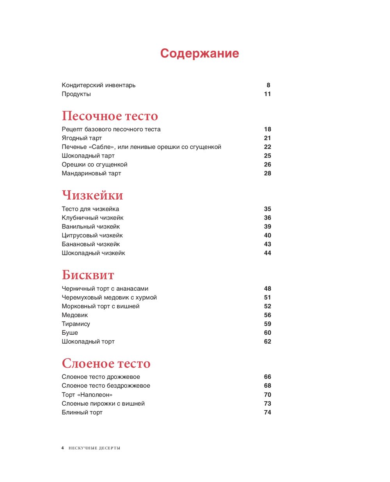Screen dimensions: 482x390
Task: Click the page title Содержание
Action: (199, 53)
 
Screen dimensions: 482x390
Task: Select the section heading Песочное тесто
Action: (110, 116)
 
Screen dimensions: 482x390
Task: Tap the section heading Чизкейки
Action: (92, 195)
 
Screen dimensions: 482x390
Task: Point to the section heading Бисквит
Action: (88, 275)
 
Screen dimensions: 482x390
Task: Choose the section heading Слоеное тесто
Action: (106, 363)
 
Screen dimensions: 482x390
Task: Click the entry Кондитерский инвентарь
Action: (98, 85)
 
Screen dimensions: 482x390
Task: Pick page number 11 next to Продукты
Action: (267, 94)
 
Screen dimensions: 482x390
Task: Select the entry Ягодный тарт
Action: (82, 138)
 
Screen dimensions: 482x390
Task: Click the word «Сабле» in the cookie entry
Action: (101, 147)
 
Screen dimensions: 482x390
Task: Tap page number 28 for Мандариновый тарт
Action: (267, 173)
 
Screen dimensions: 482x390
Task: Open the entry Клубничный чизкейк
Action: (92, 218)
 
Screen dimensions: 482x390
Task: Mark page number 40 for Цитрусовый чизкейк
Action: (267, 235)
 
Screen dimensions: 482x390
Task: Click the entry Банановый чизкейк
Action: (90, 244)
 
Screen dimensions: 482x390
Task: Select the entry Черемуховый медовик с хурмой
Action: (109, 297)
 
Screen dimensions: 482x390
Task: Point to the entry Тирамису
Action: (76, 324)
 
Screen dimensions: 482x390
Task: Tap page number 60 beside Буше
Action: (267, 333)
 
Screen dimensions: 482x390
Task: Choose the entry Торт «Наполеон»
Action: (87, 395)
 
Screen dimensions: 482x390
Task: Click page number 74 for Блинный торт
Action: (267, 412)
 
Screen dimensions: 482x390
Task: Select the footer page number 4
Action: (62, 448)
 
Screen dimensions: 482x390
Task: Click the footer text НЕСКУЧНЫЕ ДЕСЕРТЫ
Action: (94, 448)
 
